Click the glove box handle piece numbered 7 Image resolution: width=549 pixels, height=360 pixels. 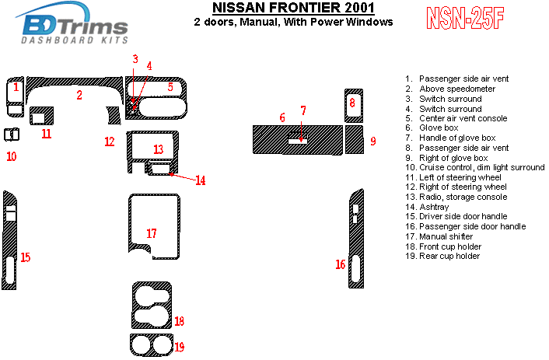[298, 141]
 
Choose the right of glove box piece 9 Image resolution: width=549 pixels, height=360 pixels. [355, 140]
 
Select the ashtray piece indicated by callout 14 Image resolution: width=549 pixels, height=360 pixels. [160, 169]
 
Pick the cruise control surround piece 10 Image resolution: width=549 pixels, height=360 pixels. [11, 135]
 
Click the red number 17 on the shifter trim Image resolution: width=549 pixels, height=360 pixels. [152, 233]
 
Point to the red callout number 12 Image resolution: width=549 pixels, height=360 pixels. [110, 142]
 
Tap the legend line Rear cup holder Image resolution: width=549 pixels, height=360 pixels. [449, 256]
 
